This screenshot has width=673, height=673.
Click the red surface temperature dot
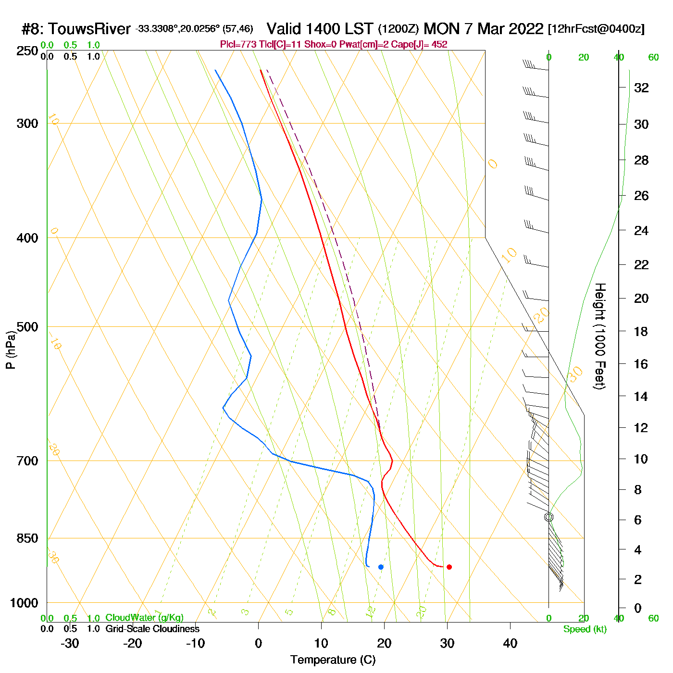[x=449, y=567]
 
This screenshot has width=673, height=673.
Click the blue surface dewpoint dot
[x=381, y=567]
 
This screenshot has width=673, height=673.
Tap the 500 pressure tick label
[x=27, y=327]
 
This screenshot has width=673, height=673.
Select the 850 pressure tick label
[x=27, y=538]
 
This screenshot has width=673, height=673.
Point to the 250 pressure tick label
[x=27, y=51]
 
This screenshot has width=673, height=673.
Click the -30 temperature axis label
[x=70, y=643]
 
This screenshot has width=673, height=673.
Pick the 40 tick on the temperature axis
[x=510, y=643]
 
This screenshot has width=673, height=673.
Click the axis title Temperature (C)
[x=333, y=660]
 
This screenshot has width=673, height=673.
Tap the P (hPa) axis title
[x=11, y=350]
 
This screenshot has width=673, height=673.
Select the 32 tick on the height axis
[x=641, y=87]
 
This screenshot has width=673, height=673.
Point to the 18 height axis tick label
[x=641, y=331]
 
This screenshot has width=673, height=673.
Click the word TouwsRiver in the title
[x=89, y=29]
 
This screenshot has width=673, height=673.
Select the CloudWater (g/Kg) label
[x=144, y=618]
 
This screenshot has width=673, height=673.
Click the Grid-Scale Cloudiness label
[x=152, y=629]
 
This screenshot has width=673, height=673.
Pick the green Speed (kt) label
[x=585, y=629]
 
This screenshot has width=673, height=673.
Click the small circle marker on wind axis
[x=549, y=517]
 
